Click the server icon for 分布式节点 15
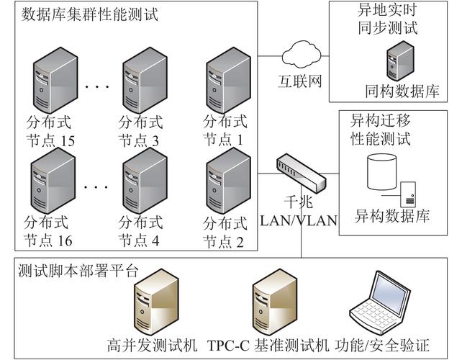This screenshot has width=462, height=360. [53, 80]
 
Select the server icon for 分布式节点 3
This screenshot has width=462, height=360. [143, 80]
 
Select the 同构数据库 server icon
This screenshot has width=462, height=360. [400, 61]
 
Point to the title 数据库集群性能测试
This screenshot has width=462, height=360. [90, 14]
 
